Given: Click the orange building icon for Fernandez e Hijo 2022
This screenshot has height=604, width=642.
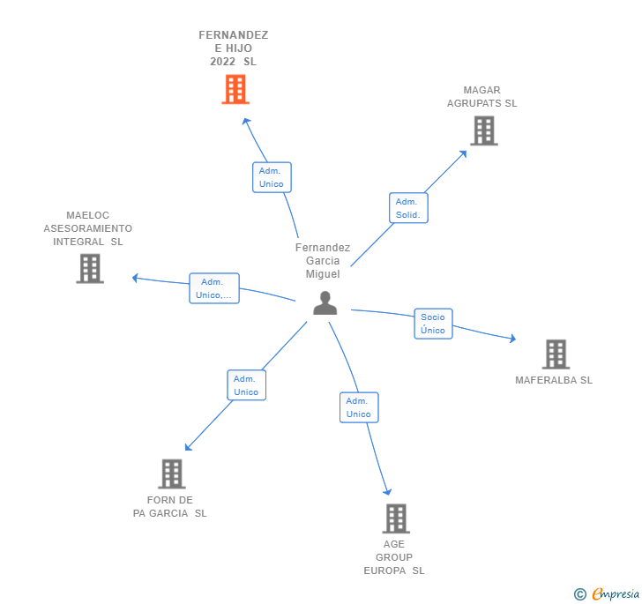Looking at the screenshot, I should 235,89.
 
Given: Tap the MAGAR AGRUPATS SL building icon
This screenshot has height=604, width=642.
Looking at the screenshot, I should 483,130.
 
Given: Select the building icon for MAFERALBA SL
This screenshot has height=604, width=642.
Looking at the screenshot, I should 556,354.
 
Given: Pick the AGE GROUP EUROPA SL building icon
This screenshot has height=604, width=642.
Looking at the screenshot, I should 396,518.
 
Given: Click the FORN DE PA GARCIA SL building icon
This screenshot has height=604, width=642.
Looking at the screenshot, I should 171,474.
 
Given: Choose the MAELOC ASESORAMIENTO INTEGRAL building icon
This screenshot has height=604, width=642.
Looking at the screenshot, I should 90,268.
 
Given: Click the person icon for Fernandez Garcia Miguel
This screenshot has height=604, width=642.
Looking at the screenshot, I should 325,303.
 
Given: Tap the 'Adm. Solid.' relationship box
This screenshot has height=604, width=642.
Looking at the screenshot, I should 407,208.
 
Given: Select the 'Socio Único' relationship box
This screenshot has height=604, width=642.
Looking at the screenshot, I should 433,324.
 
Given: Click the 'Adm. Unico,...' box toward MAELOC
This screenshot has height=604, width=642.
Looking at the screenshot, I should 214,288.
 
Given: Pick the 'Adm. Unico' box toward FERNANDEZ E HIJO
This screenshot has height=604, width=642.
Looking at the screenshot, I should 272,177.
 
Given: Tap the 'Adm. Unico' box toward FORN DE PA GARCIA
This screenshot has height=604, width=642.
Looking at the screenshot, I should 246,385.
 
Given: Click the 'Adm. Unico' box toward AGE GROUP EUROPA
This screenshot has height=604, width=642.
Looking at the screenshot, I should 359,407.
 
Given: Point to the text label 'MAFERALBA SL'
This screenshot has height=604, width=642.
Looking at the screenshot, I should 554,380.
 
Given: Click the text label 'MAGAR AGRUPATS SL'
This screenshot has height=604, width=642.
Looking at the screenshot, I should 481,96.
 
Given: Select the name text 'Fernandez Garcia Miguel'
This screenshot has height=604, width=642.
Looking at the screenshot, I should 323,261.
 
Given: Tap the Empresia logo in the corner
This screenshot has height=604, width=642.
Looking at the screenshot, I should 615,593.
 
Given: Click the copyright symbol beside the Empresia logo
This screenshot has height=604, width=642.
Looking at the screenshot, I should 579,594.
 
